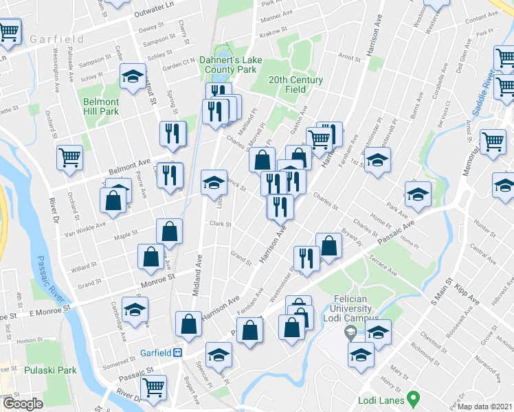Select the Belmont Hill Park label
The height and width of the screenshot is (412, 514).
pos(101,106)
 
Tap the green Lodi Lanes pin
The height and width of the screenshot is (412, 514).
pos(413,398)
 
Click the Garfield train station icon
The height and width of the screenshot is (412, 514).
pos(177,352)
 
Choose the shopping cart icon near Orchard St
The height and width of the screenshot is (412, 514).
pos(70,158)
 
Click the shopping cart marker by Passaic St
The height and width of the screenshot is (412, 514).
pos(153,387)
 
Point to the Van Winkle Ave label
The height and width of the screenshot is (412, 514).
pos(86,225)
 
